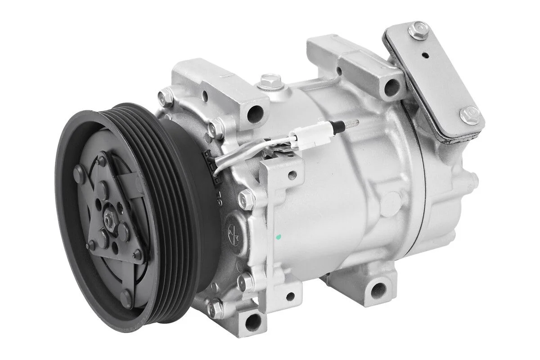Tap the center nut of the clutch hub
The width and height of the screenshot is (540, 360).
point(109,220)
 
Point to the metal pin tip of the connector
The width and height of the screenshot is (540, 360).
point(351,122)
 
